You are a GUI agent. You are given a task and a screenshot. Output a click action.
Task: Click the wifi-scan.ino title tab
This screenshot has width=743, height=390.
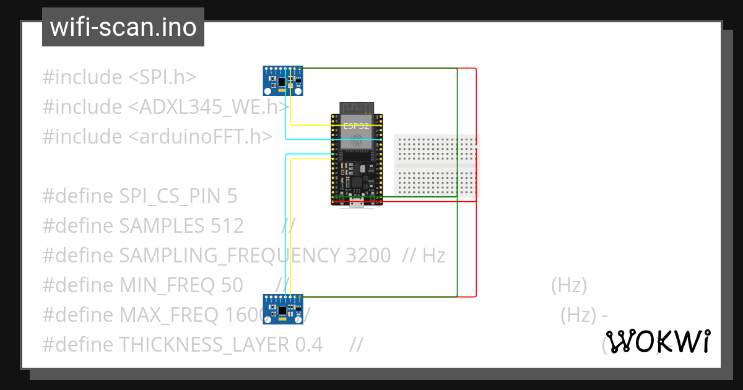(x=123, y=27)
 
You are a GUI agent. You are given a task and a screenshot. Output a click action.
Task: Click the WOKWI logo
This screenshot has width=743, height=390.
(x=657, y=341)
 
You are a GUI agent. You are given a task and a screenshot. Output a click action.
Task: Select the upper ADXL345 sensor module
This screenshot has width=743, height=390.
(x=284, y=81)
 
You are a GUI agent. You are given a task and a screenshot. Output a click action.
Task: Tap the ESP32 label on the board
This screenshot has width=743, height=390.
(x=356, y=125)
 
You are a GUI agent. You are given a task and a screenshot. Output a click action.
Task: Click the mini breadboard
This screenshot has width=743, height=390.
(x=437, y=167)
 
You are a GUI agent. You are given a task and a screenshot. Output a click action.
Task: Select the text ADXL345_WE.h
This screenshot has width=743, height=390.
(x=214, y=107)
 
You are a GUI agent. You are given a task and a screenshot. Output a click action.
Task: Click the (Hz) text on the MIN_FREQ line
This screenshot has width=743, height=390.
(x=568, y=285)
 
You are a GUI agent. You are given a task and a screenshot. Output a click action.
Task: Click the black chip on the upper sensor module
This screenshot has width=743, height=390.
(x=282, y=81)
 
